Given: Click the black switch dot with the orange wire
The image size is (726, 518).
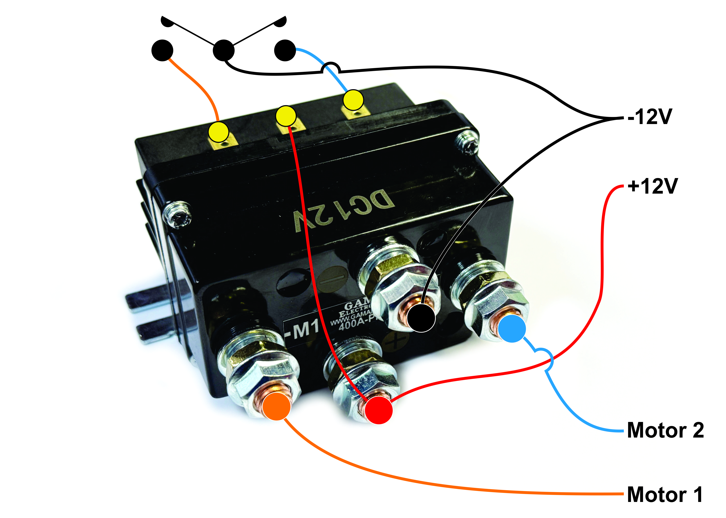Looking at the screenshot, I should (162, 50).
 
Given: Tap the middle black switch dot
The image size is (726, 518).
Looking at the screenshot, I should (223, 50).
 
